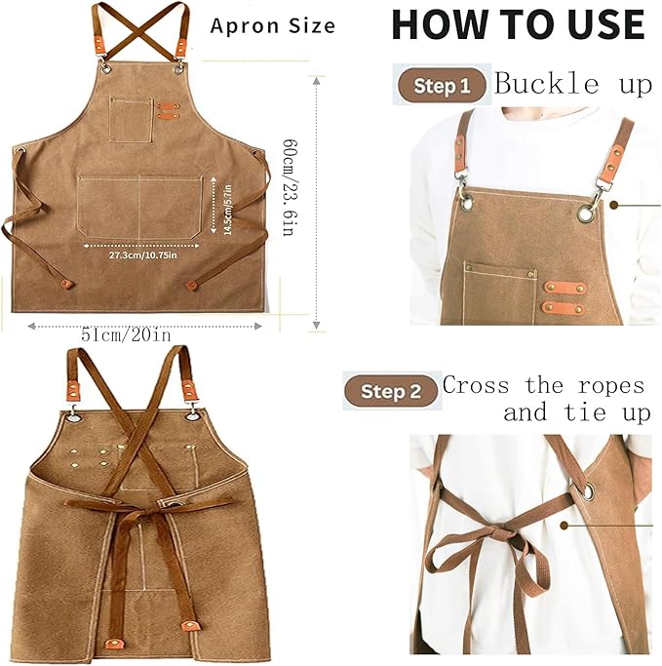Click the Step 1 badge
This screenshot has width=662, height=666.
[442, 86]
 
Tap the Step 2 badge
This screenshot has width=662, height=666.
[390, 391]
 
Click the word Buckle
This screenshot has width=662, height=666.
[547, 83]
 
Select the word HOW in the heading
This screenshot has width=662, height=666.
[439, 24]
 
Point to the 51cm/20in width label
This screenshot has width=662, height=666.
[126, 335]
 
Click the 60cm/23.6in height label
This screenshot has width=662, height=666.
[290, 187]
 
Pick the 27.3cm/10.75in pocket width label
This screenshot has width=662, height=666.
[142, 255]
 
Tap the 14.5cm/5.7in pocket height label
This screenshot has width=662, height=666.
[227, 210]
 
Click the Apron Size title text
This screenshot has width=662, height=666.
[273, 26]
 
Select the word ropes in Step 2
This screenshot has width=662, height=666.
[611, 386]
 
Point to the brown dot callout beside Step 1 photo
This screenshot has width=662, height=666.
[613, 205]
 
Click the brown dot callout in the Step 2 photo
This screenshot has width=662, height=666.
[564, 526]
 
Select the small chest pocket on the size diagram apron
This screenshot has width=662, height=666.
[132, 121]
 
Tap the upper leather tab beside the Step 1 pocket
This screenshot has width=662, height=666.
[565, 288]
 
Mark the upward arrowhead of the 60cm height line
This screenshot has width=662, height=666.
[316, 80]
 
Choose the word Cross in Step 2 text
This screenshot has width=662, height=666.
[476, 386]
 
